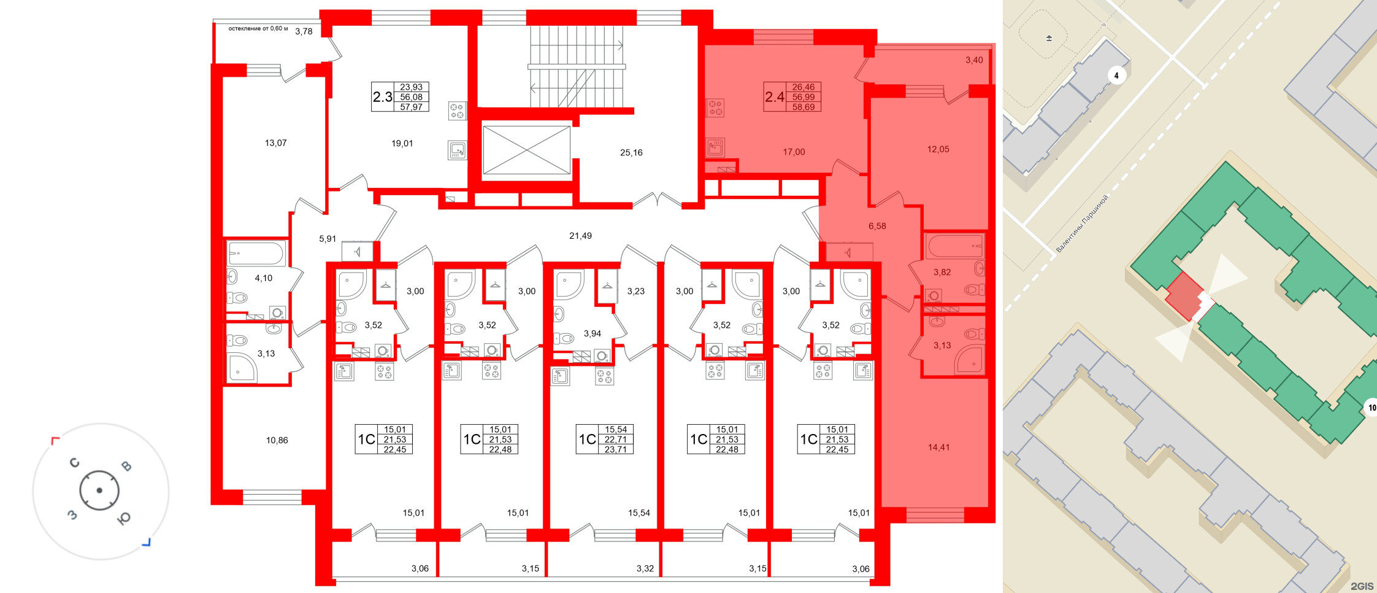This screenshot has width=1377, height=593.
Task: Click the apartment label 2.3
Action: point(383,97)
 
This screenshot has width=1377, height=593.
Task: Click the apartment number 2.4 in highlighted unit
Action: point(775,97)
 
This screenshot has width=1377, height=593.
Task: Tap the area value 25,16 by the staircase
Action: point(631,153)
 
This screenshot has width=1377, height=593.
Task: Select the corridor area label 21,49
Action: point(580,236)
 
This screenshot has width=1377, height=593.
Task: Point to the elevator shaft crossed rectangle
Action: point(527,150)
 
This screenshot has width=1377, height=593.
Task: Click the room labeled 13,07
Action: point(275,143)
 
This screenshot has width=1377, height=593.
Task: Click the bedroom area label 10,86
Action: point(277,440)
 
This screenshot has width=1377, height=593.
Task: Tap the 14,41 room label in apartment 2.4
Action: point(938,448)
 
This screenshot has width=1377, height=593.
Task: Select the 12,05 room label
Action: point(938,149)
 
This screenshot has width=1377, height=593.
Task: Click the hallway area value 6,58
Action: point(877,226)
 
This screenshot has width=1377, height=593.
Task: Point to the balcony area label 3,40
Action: point(974,60)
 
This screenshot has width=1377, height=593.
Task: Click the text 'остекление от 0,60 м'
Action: point(258,29)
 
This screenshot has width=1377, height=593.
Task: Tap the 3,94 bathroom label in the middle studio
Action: point(592,334)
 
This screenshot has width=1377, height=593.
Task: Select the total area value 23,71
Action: point(615,449)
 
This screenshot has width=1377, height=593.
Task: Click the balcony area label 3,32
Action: point(645,568)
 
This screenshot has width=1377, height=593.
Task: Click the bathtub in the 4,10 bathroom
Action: point(256,253)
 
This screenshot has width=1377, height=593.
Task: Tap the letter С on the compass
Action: point(75,463)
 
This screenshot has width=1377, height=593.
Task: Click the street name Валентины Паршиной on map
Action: point(1082,223)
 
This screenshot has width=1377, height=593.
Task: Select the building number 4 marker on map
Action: point(1116,76)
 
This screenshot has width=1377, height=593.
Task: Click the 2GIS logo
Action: point(1362,586)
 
